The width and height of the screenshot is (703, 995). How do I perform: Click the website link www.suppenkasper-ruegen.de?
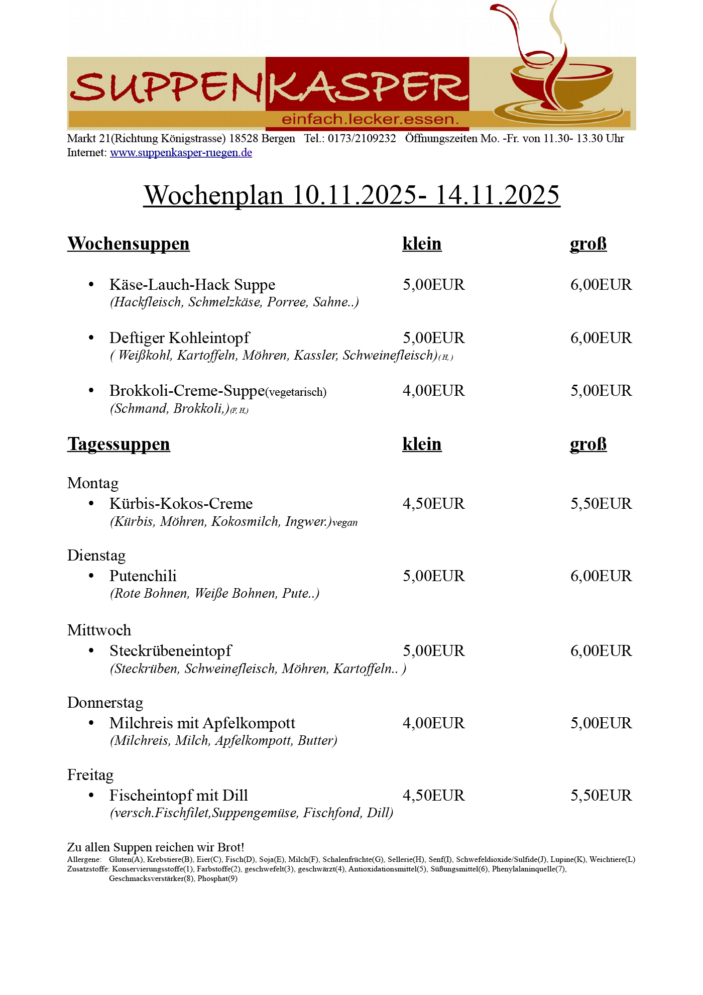tap(181, 153)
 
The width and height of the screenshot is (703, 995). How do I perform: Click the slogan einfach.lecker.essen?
tap(370, 120)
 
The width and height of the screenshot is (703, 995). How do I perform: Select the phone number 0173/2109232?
tap(362, 139)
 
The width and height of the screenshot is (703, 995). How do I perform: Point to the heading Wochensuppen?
tap(129, 244)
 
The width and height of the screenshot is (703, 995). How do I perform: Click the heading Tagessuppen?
tap(119, 444)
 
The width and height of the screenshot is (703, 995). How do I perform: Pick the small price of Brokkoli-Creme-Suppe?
tap(433, 391)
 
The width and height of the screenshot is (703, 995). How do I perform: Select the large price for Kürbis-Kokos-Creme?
tap(601, 504)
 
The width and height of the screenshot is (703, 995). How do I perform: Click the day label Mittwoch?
tap(99, 630)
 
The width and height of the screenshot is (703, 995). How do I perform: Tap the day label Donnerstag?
tap(105, 703)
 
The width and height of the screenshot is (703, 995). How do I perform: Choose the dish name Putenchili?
tap(143, 576)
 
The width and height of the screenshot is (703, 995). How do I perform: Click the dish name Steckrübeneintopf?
tap(170, 651)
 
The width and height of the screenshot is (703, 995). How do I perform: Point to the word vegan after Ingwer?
tap(345, 523)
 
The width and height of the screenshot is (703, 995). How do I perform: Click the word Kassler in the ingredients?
tap(315, 356)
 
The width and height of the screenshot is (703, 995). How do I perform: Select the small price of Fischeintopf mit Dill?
tap(433, 796)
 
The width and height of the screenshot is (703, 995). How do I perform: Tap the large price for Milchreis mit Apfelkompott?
tap(601, 723)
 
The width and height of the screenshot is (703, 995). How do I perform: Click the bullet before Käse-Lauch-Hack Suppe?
tap(91, 285)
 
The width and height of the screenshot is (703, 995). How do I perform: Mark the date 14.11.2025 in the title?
tap(497, 195)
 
